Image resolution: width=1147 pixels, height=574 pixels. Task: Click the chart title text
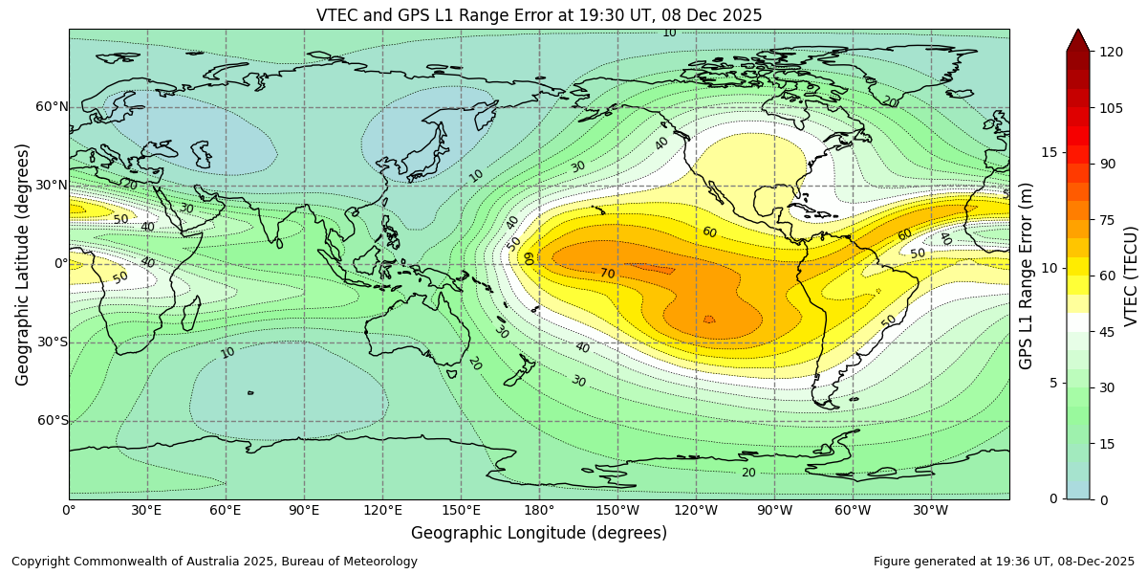pyautogui.click(x=539, y=15)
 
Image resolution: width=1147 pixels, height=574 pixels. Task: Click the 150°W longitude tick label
pyautogui.click(x=617, y=511)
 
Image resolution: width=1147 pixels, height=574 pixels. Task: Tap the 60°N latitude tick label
pyautogui.click(x=52, y=107)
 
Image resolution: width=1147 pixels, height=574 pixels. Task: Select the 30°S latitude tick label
pyautogui.click(x=52, y=342)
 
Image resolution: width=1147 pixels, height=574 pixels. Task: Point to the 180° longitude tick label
pyautogui.click(x=538, y=511)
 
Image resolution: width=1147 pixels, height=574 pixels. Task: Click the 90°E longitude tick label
pyautogui.click(x=303, y=511)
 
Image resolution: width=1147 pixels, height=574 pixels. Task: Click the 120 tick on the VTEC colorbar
pyautogui.click(x=1111, y=52)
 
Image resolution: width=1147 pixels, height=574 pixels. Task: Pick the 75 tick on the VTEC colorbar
pyautogui.click(x=1107, y=219)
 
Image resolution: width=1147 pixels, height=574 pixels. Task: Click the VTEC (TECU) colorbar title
pyautogui.click(x=1131, y=276)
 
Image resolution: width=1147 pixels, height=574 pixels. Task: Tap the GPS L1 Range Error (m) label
pyautogui.click(x=1027, y=276)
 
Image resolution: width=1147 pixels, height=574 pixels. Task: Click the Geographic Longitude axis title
pyautogui.click(x=539, y=533)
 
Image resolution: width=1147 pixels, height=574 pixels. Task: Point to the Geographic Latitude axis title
pyautogui.click(x=23, y=264)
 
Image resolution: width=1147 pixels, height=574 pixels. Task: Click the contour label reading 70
pyautogui.click(x=607, y=275)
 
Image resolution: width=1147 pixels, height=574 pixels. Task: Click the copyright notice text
pyautogui.click(x=214, y=562)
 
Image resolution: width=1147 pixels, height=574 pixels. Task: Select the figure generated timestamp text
pyautogui.click(x=1004, y=562)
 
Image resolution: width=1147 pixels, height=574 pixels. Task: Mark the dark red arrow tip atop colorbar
pyautogui.click(x=1077, y=38)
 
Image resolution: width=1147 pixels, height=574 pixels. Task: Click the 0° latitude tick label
pyautogui.click(x=59, y=264)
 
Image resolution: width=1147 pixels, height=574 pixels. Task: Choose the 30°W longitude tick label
pyautogui.click(x=930, y=511)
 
